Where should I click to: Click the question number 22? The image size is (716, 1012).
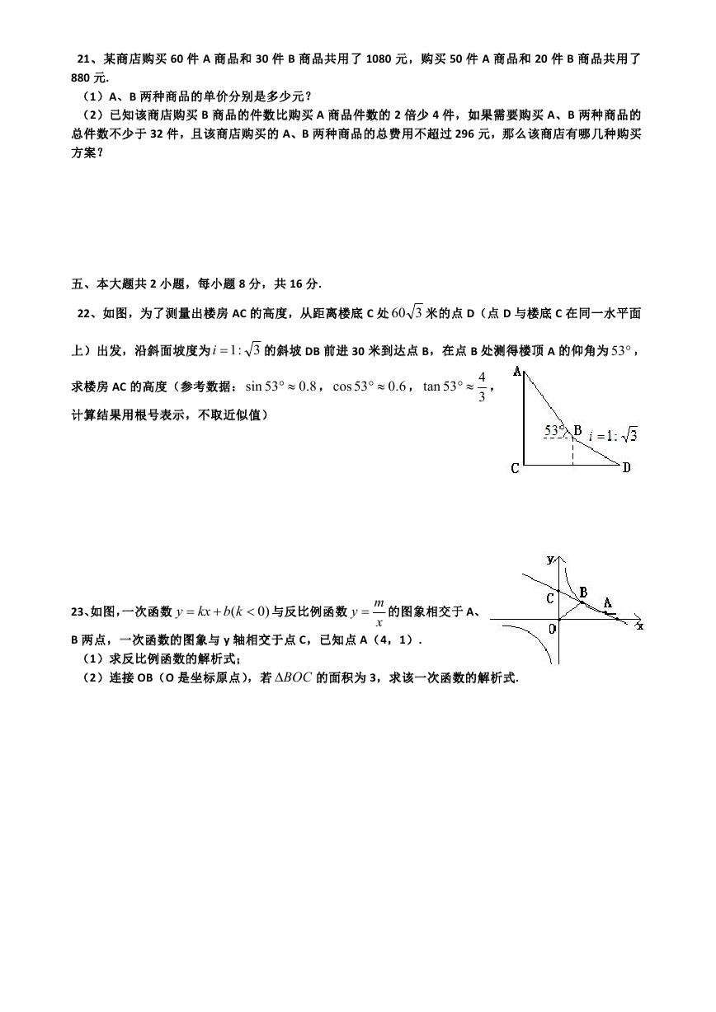pyautogui.click(x=84, y=313)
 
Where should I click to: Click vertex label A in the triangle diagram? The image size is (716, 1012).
pyautogui.click(x=518, y=372)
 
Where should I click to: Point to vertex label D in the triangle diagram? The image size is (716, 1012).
pyautogui.click(x=627, y=468)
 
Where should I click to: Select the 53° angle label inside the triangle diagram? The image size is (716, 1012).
pyautogui.click(x=555, y=429)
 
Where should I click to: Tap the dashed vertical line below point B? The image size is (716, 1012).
pyautogui.click(x=572, y=451)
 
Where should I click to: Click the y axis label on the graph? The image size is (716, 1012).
pyautogui.click(x=550, y=560)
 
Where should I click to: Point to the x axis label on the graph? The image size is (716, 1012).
pyautogui.click(x=640, y=626)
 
